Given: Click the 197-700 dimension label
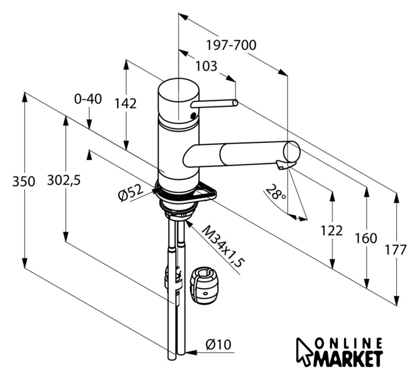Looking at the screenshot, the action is [231, 45].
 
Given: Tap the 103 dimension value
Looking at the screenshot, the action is [206, 66].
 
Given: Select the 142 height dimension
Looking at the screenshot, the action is [125, 103].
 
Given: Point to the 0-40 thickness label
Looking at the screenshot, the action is [88, 99].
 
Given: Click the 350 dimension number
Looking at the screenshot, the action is [23, 182].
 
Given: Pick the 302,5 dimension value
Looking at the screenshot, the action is [64, 180].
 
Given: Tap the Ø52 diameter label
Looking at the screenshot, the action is [131, 193].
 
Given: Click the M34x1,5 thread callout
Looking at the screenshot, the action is [223, 247].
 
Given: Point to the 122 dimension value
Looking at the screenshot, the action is [331, 231].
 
